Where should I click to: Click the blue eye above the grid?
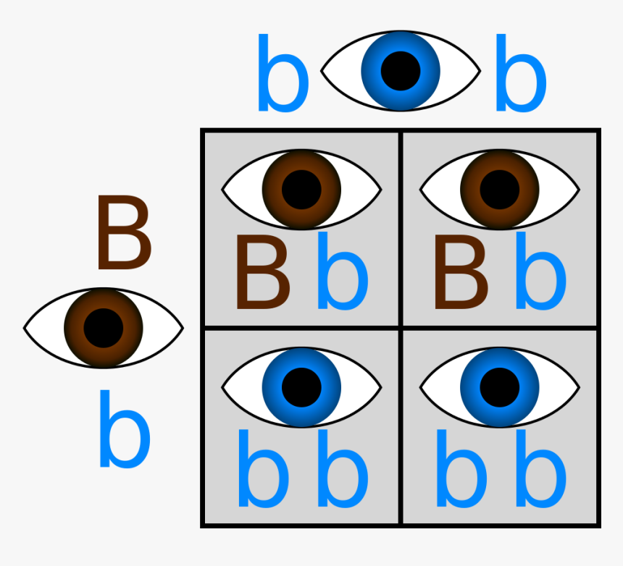pyautogui.click(x=400, y=70)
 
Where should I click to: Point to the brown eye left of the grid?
pyautogui.click(x=104, y=328)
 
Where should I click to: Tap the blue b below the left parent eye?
pyautogui.click(x=124, y=430)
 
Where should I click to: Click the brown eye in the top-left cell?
pyautogui.click(x=301, y=189)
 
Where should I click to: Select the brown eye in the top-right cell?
pyautogui.click(x=500, y=189)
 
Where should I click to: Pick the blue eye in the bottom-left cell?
pyautogui.click(x=301, y=387)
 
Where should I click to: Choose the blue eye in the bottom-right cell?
pyautogui.click(x=500, y=387)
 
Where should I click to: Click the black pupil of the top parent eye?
pyautogui.click(x=401, y=71)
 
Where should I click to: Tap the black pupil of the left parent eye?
pyautogui.click(x=104, y=328)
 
